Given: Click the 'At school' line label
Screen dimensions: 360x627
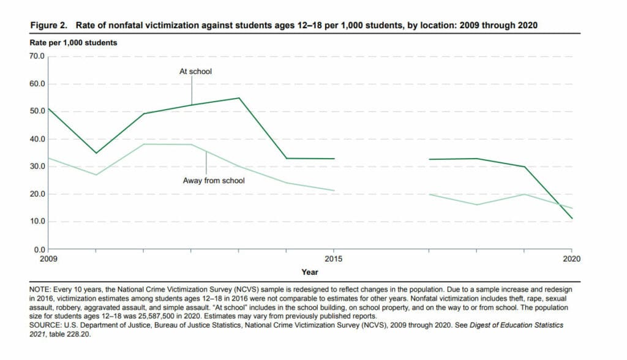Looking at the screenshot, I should (195, 72).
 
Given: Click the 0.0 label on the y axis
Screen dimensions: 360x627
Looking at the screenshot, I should (39, 250).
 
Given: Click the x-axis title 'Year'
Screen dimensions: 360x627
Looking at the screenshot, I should (310, 271).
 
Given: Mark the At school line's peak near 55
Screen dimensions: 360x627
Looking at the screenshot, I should (239, 98).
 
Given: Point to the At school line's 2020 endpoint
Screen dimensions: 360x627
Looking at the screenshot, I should (572, 219).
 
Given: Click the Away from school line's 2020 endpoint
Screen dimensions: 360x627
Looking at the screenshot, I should (572, 208).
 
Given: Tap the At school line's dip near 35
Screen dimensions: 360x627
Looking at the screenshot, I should (96, 153).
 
